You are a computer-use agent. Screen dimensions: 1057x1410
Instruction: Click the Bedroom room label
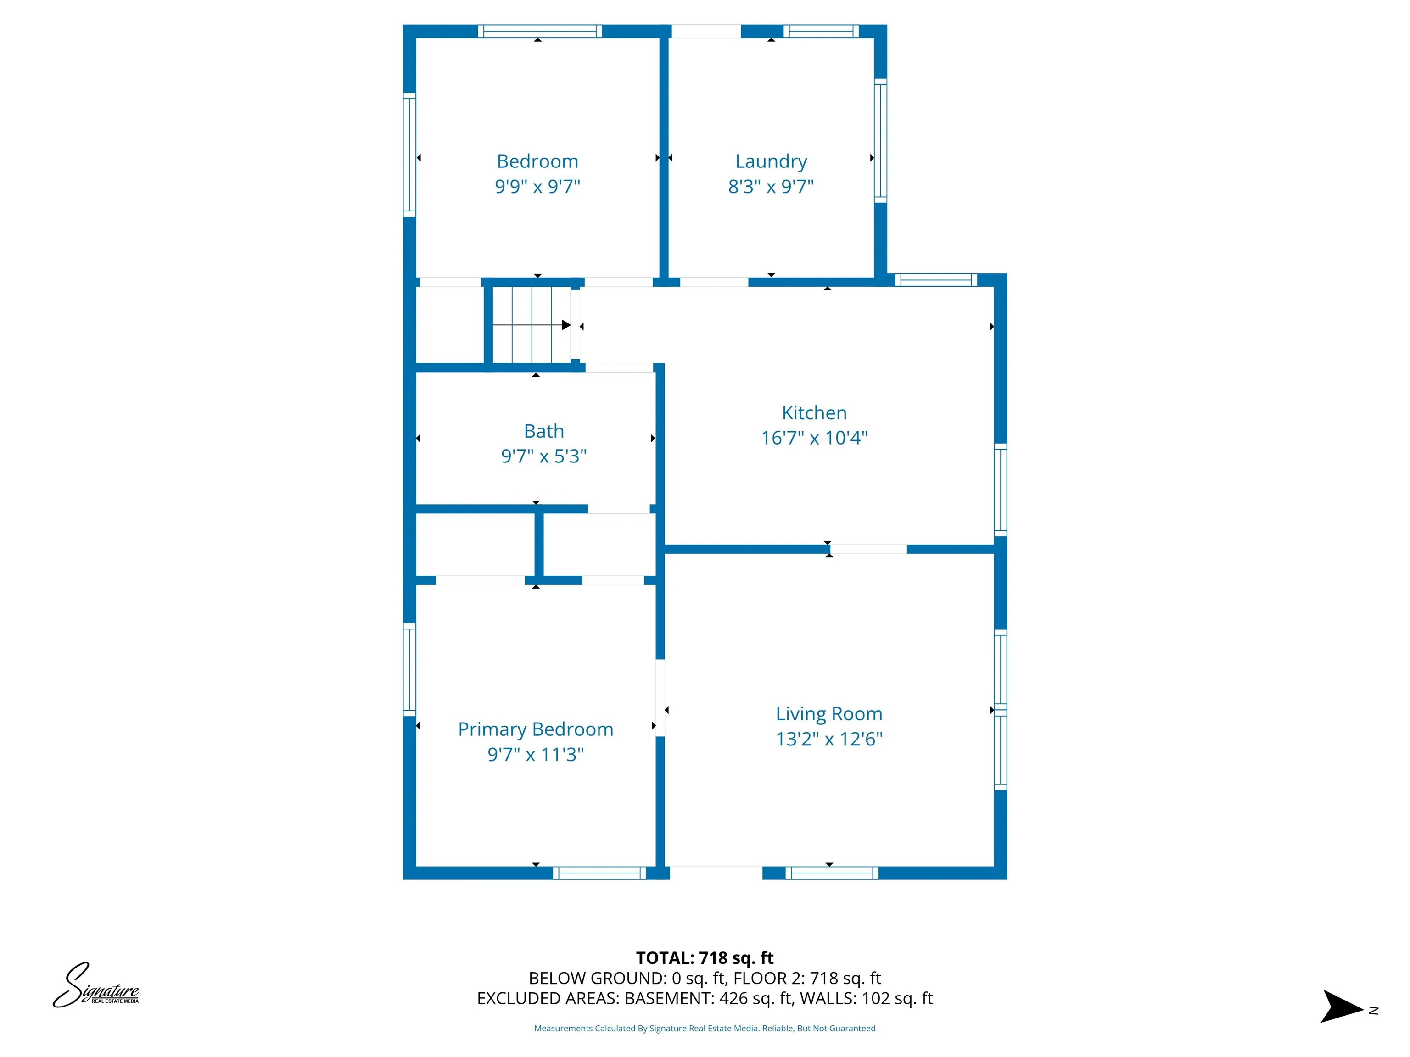537,161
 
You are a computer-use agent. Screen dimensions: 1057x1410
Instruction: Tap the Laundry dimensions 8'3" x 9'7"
771,187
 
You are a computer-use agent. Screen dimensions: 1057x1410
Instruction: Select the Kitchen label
814,413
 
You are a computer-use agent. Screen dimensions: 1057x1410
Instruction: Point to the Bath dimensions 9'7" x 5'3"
544,456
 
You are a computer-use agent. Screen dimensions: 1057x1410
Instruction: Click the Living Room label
828,713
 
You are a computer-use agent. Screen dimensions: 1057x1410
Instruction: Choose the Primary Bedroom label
536,729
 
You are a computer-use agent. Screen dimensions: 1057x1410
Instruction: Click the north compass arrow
1342,1007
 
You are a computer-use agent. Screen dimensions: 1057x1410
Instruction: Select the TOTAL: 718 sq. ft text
705,957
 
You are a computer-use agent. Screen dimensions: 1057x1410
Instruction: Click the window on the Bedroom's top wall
539,31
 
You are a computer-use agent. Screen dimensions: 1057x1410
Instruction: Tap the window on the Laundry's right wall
880,141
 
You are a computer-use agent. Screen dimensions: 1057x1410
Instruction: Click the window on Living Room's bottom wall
831,873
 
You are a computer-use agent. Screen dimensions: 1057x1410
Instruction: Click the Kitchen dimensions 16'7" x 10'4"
814,438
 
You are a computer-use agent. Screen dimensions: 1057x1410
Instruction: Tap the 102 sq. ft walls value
897,998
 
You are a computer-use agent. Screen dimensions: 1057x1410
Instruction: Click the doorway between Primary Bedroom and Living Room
660,698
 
